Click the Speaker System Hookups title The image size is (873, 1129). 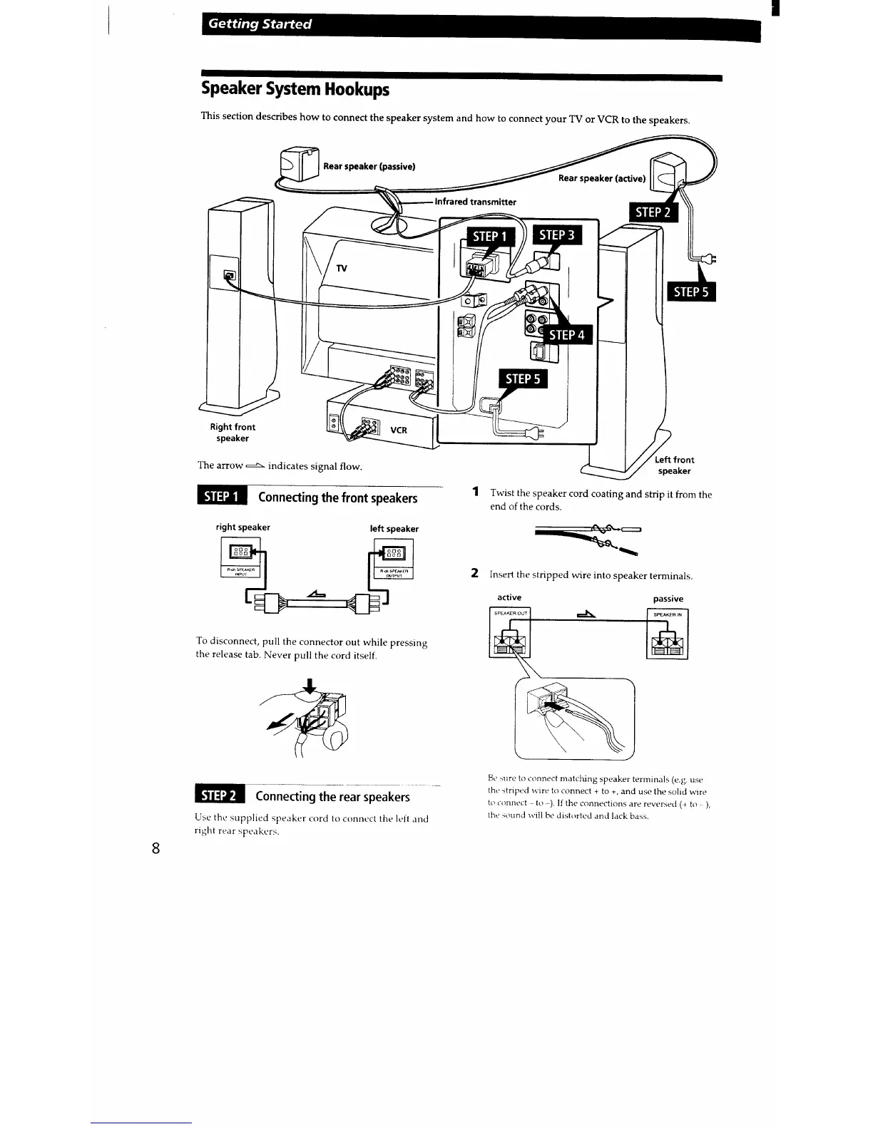coord(295,90)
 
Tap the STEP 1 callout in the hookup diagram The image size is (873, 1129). coord(489,237)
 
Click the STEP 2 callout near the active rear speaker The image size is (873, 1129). coord(652,212)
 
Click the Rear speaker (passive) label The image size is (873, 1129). coord(369,167)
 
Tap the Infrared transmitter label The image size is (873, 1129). coord(475,202)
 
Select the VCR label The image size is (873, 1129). coord(399,431)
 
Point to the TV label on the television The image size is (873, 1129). coord(342,269)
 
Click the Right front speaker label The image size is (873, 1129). coord(233,433)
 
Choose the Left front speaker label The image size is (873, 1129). coord(674,465)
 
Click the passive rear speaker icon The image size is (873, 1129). coord(299,163)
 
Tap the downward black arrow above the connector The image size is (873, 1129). coord(309,686)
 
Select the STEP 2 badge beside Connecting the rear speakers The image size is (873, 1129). coord(219,795)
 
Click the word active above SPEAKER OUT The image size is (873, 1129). coord(509,597)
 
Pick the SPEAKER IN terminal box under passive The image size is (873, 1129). coord(668,634)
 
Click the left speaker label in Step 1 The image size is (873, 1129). coord(394,529)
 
